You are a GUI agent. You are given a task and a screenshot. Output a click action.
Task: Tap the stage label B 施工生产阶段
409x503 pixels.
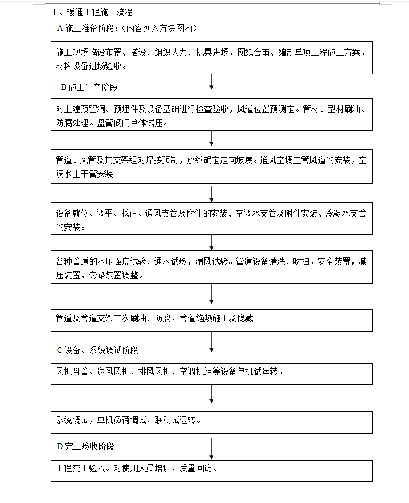89,88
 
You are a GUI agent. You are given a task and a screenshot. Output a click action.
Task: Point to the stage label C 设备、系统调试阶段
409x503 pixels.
97,350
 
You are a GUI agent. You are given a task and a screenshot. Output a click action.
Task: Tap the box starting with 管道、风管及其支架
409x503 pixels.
212,167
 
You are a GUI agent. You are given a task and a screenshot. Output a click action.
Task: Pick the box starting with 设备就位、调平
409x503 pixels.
212,219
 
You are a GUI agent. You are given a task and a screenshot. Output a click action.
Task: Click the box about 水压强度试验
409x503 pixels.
212,268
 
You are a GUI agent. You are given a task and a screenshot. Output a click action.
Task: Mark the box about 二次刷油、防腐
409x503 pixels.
212,320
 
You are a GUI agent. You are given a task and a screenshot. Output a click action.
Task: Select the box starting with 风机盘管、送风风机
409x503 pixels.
212,374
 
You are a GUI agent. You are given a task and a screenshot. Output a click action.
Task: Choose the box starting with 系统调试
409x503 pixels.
212,422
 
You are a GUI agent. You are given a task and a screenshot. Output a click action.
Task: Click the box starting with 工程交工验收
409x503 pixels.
212,470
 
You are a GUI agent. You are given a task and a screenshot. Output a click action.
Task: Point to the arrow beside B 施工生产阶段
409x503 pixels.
212,84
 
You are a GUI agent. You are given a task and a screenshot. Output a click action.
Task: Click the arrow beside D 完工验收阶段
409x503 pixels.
212,447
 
